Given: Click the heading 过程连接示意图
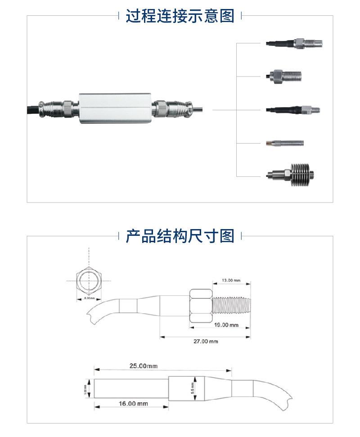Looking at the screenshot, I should (x=180, y=16).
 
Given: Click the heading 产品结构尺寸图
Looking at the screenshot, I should (x=180, y=235).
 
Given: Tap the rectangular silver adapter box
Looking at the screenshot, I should (x=116, y=108).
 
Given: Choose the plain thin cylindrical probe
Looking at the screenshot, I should (x=284, y=144).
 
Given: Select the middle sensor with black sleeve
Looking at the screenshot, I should (x=292, y=109).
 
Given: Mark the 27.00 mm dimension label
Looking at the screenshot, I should (x=206, y=341).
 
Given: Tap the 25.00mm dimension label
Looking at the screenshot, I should (x=144, y=366).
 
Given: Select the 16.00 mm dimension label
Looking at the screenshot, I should (x=133, y=404).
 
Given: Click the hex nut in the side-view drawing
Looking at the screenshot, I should (x=200, y=306).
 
